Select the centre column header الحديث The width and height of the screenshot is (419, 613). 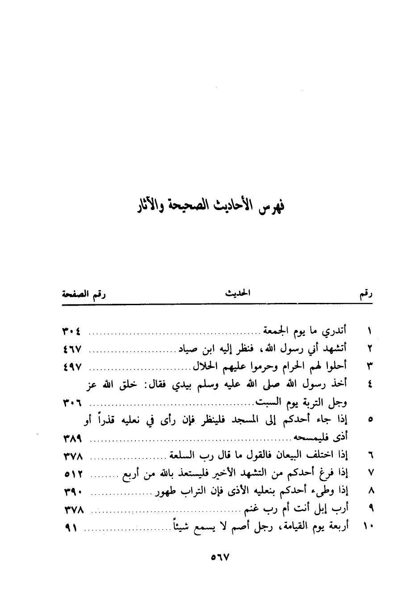pyautogui.click(x=236, y=294)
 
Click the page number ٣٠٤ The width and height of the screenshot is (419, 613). pyautogui.click(x=72, y=332)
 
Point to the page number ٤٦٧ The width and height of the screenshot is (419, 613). pyautogui.click(x=72, y=349)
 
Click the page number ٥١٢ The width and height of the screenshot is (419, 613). pyautogui.click(x=72, y=472)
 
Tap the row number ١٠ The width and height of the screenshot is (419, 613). pyautogui.click(x=369, y=527)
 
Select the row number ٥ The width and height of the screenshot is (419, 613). pyautogui.click(x=370, y=420)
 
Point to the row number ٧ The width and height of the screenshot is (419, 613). pyautogui.click(x=370, y=472)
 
